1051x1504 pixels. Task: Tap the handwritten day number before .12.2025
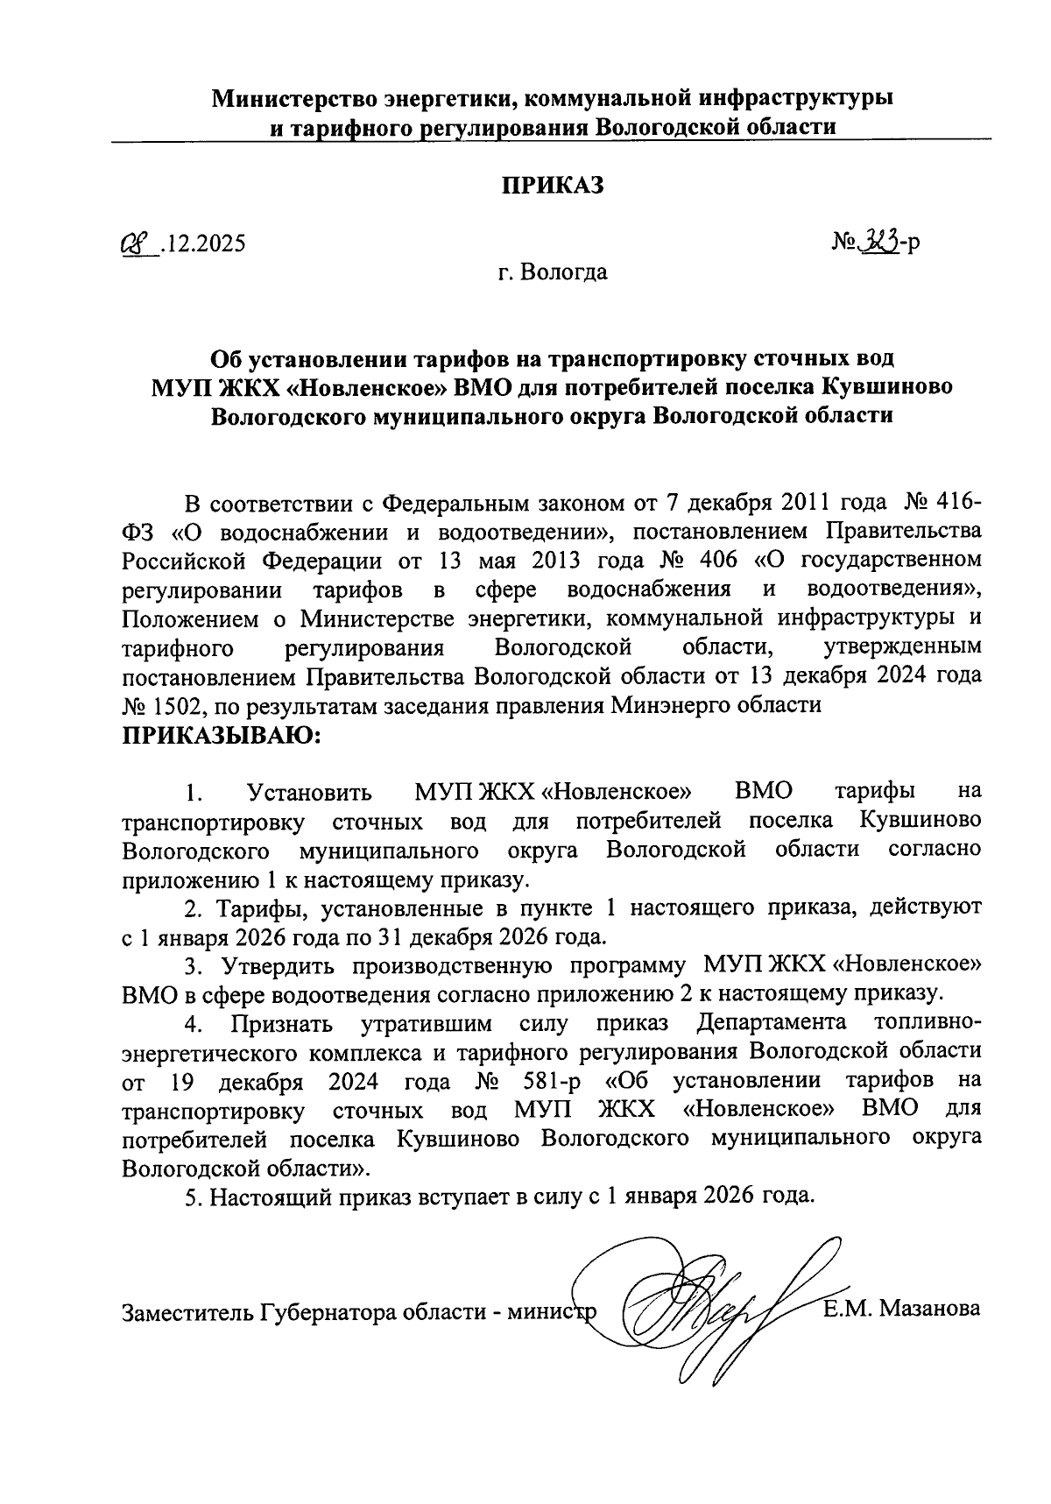(137, 244)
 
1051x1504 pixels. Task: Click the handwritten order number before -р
(877, 242)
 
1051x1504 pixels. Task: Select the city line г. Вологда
(552, 272)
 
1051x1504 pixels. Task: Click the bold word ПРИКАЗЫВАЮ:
(222, 735)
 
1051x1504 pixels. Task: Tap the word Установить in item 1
(310, 793)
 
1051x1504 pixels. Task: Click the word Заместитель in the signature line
(186, 1311)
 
